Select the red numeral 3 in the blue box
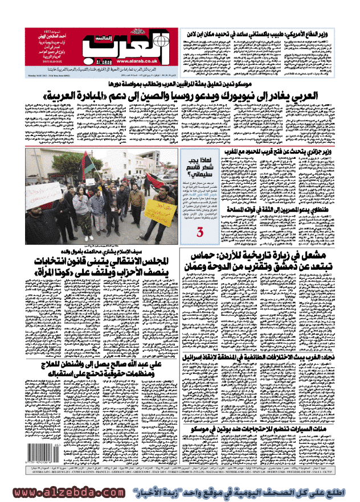click(x=200, y=232)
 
